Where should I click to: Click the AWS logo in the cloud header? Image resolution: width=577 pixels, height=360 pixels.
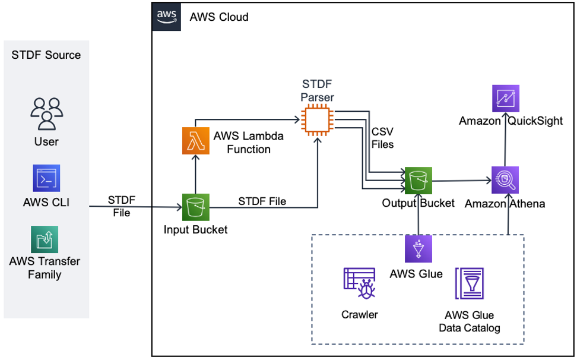[x=166, y=16]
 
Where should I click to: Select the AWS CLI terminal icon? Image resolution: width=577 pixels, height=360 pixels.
[x=46, y=178]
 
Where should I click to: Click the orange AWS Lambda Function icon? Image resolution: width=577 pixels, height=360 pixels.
[x=195, y=143]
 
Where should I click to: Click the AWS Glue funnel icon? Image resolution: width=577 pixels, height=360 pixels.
[x=419, y=249]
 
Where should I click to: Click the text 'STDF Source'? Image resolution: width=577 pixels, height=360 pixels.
[x=46, y=55]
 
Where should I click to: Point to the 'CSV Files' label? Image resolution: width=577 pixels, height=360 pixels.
[x=382, y=137]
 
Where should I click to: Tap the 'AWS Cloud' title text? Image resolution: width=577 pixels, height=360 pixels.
[x=219, y=17]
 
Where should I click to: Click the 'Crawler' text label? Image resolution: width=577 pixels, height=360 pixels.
[x=360, y=315]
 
